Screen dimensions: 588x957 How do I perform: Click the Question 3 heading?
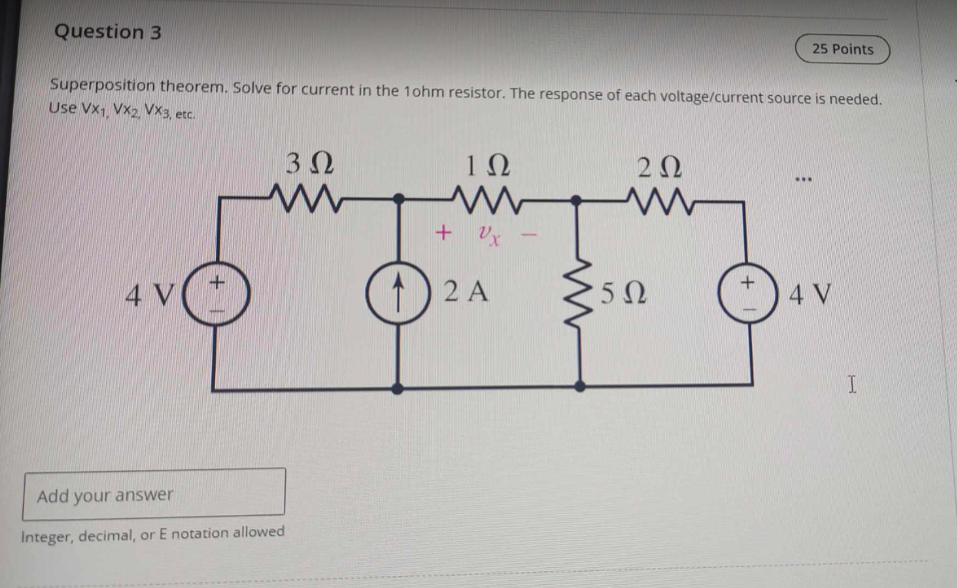click(108, 32)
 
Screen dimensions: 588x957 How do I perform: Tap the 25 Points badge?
click(843, 49)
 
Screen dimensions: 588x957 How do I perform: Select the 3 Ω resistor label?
click(310, 164)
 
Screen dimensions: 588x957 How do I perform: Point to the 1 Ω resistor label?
click(488, 164)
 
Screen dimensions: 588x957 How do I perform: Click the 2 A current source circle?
click(396, 293)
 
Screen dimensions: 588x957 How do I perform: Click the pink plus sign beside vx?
click(442, 231)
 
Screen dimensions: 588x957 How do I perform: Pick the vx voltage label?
click(488, 234)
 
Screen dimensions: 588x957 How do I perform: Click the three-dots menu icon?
click(803, 180)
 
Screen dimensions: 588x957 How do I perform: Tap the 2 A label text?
click(466, 292)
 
